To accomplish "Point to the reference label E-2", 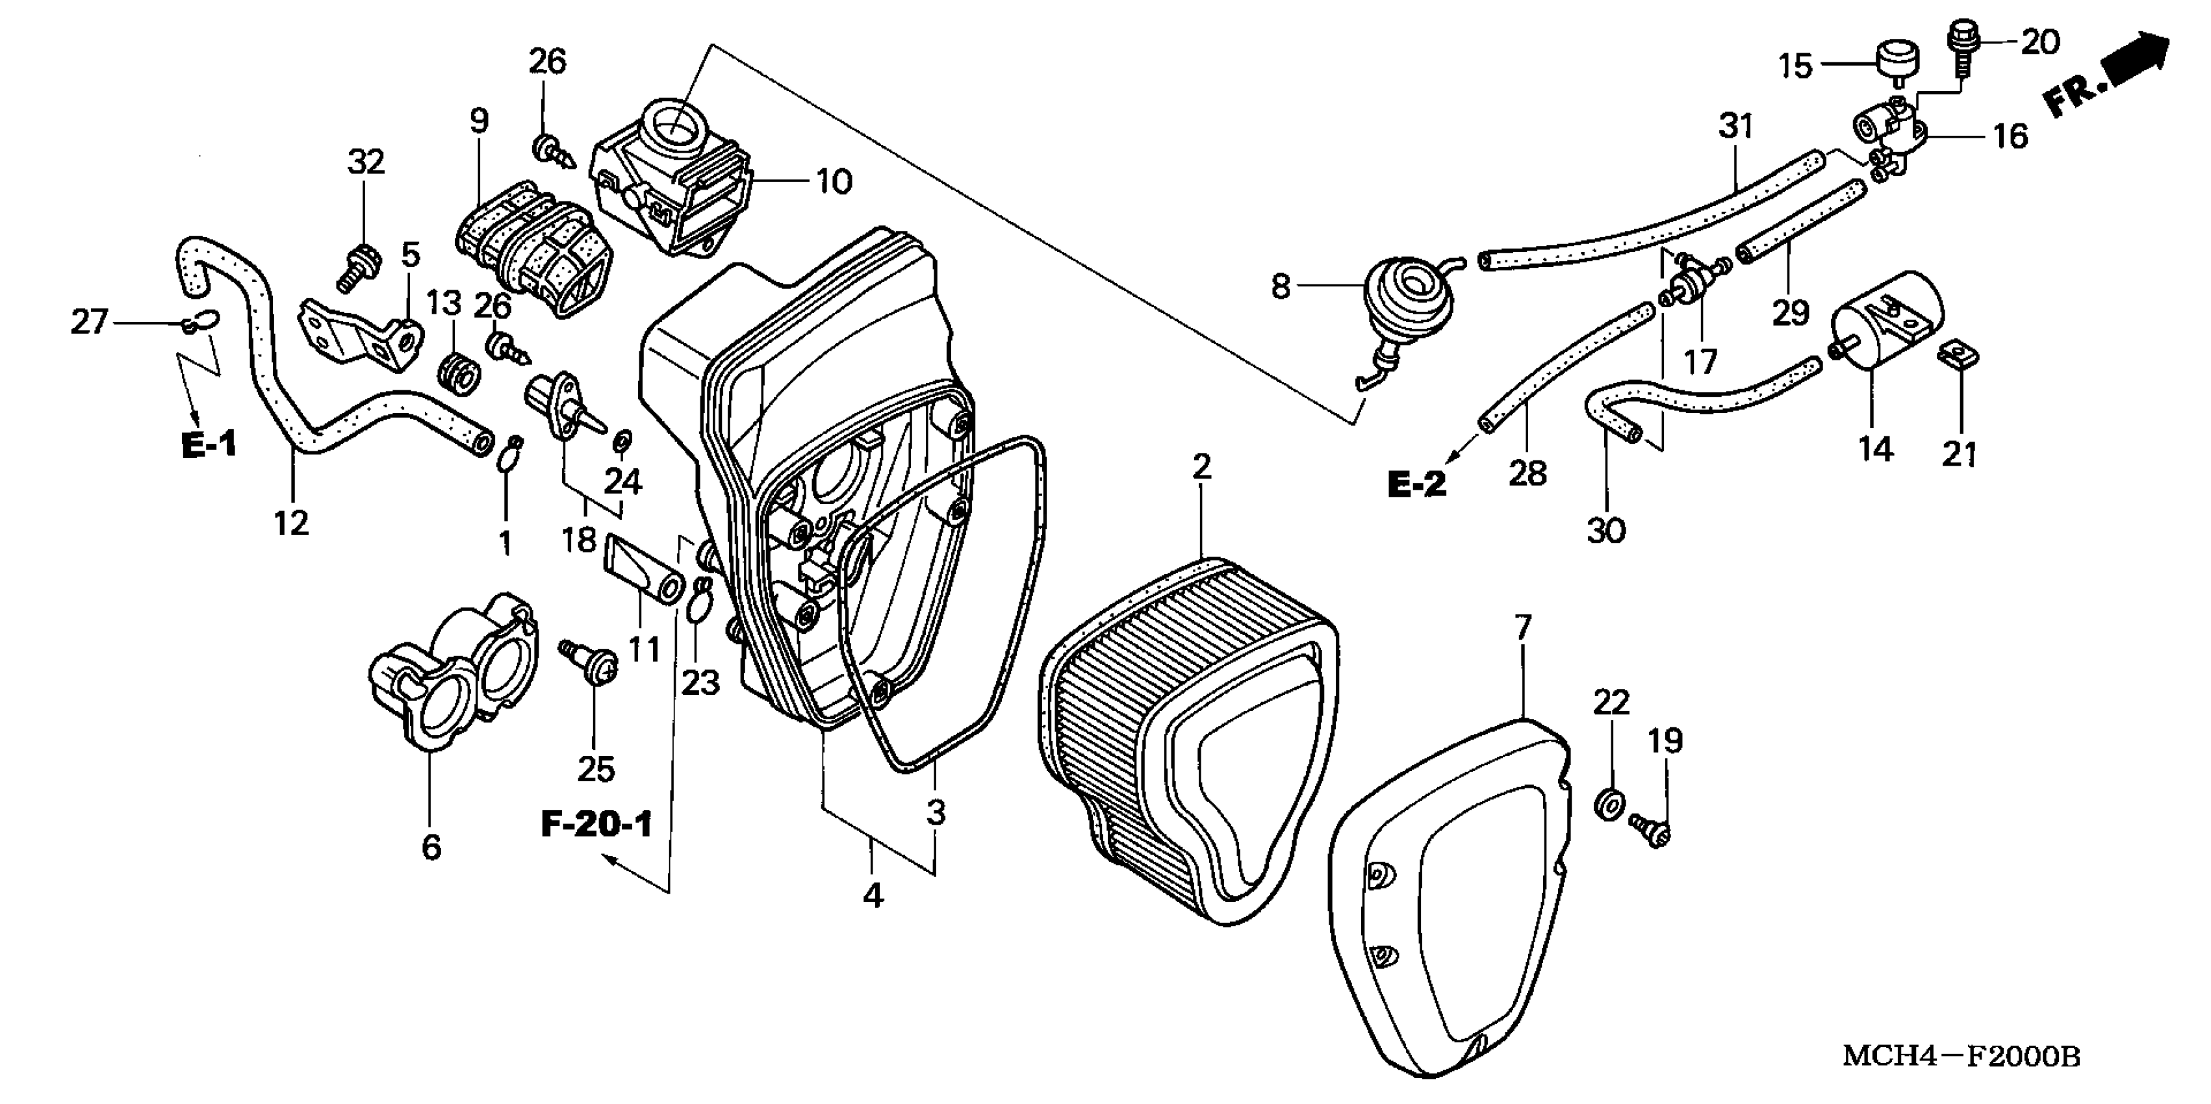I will [x=1417, y=484].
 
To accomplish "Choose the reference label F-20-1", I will [x=596, y=824].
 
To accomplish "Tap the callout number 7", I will [x=1522, y=628].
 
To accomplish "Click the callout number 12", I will [x=292, y=521].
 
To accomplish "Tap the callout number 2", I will [x=1201, y=468].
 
